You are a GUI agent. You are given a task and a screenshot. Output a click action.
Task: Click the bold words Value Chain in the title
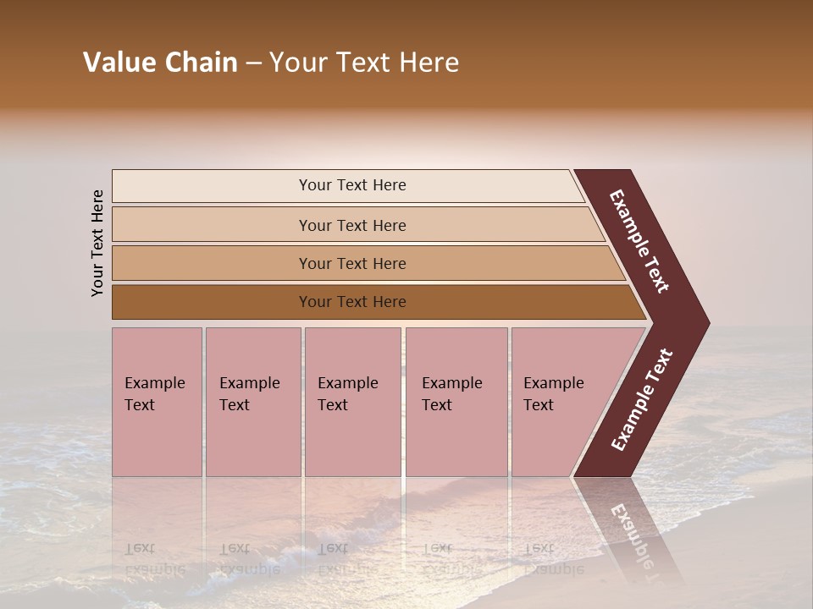[160, 63]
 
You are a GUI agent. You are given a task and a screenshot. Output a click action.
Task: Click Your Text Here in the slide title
[364, 63]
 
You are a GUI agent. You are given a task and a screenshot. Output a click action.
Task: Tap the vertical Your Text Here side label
[97, 243]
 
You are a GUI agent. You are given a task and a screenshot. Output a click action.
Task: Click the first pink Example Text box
[157, 402]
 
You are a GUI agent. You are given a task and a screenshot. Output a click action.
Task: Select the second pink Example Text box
[252, 402]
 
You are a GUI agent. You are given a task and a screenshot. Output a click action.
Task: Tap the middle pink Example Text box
[352, 402]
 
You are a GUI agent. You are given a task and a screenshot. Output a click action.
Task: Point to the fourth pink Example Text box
[456, 402]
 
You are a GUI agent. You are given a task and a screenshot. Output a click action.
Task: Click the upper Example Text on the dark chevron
[639, 241]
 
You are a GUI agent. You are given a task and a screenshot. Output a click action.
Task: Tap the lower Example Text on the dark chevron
[642, 399]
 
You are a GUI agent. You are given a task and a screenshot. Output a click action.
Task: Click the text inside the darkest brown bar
[352, 302]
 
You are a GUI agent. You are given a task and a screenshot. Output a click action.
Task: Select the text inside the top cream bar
[352, 185]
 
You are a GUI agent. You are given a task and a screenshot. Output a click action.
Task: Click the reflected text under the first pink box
[154, 559]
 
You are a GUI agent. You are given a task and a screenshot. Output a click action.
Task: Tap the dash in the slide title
[253, 63]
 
